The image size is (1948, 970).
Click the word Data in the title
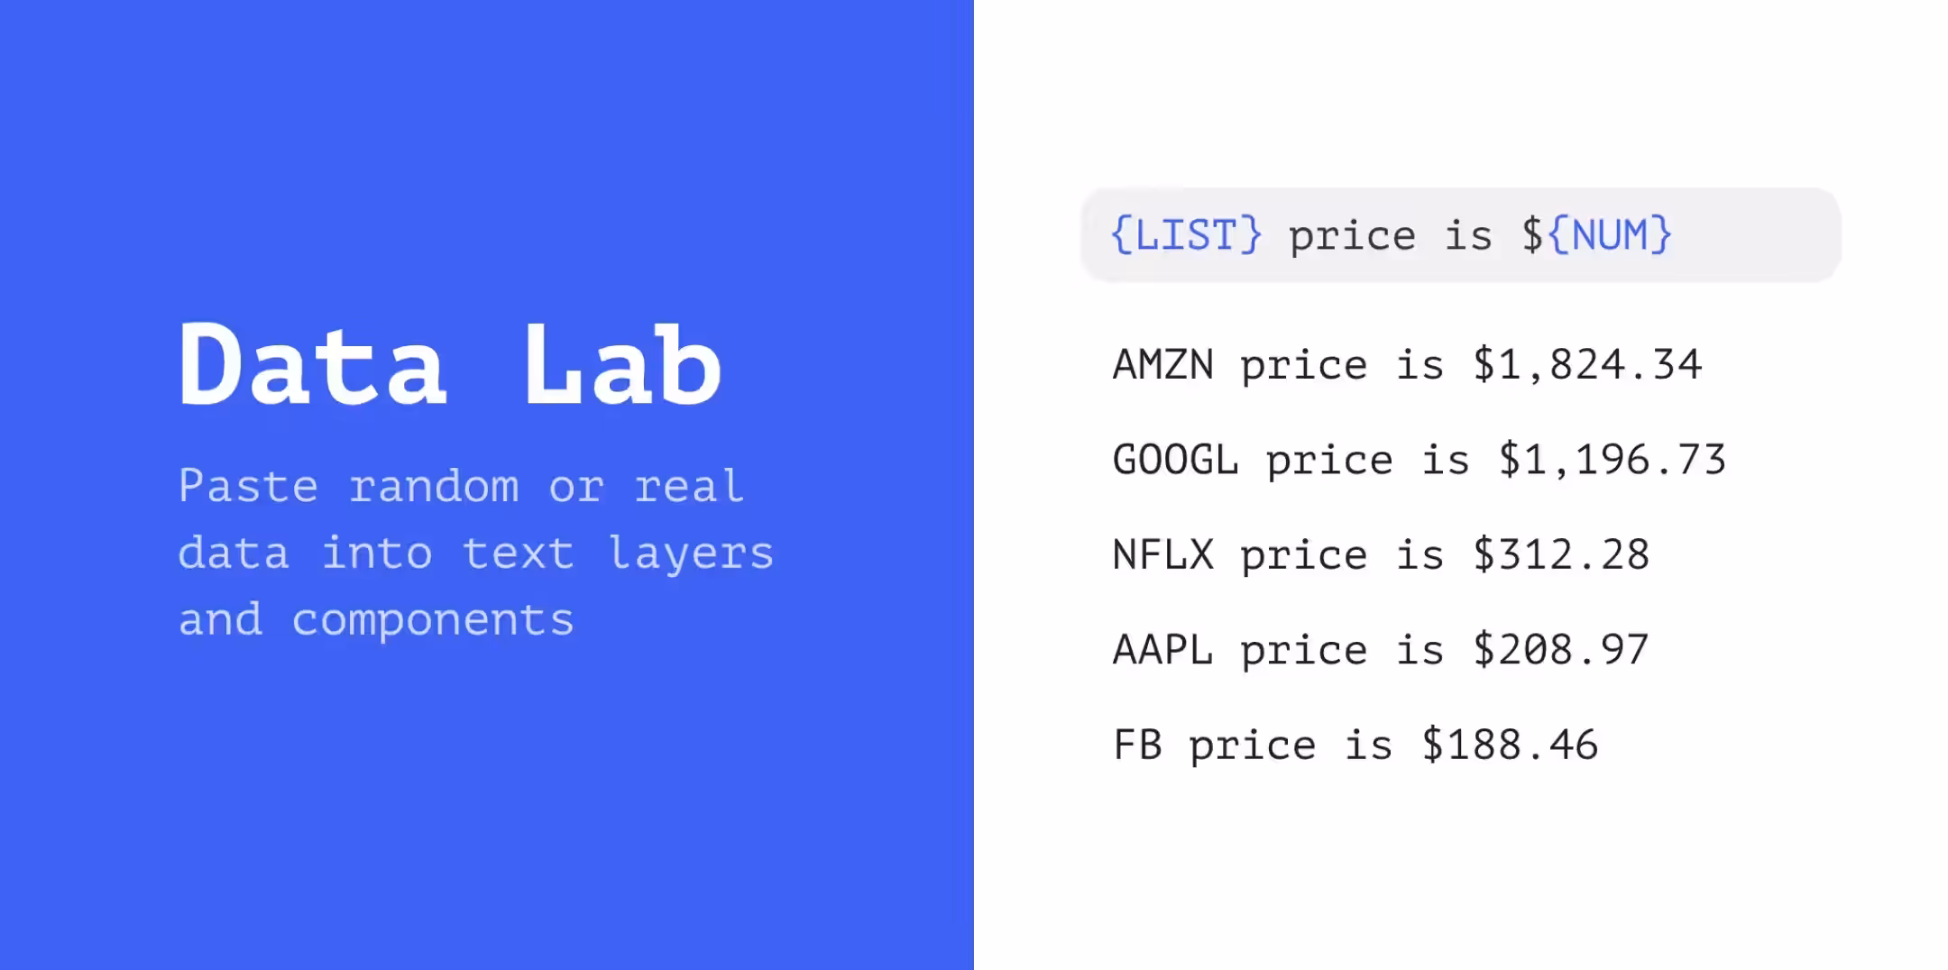click(x=312, y=364)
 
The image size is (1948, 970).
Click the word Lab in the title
click(x=622, y=364)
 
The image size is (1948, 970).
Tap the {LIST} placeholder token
click(x=1186, y=235)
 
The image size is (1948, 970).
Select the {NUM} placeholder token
click(x=1610, y=235)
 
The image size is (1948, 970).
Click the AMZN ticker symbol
click(x=1163, y=364)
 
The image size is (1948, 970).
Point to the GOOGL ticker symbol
click(x=1176, y=460)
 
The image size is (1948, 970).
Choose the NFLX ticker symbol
click(x=1163, y=554)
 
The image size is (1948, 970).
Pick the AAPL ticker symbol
click(x=1163, y=649)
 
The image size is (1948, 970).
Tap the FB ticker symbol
click(x=1137, y=745)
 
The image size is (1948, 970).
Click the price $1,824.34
click(x=1587, y=364)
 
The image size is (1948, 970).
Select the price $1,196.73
click(x=1613, y=460)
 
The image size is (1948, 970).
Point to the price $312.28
click(x=1561, y=554)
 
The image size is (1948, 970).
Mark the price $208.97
click(x=1561, y=649)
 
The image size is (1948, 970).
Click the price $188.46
click(x=1510, y=745)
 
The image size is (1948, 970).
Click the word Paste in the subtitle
click(x=248, y=486)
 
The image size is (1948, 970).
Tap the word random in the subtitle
click(x=434, y=486)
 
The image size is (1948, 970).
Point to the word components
click(x=433, y=621)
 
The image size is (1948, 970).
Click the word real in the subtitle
click(x=690, y=486)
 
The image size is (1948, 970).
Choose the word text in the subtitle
click(x=519, y=553)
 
